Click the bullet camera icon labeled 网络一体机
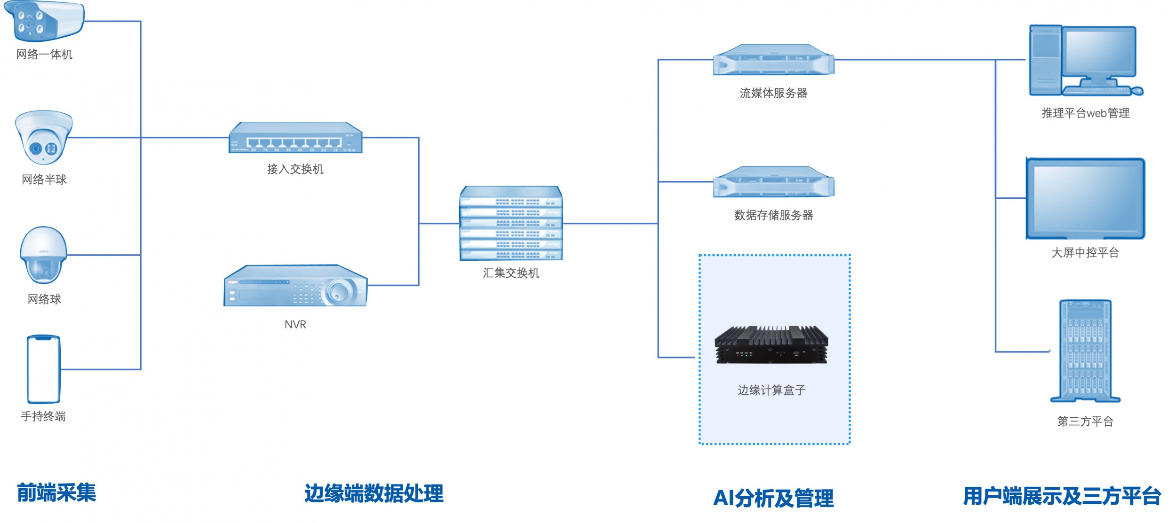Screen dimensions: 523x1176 [x=43, y=21]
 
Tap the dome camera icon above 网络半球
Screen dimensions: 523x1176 [x=44, y=137]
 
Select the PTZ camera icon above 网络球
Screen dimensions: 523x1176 [x=43, y=255]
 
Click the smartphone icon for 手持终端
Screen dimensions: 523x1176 [x=44, y=369]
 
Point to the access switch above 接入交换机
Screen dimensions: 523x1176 [x=295, y=138]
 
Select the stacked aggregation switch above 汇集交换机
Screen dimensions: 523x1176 [x=511, y=224]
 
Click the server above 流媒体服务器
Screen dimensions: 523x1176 [x=773, y=60]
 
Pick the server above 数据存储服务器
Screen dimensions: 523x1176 [x=773, y=182]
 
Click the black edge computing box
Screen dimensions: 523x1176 [x=771, y=345]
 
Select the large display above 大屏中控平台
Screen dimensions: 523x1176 [x=1085, y=198]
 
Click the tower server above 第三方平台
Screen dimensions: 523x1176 [x=1085, y=351]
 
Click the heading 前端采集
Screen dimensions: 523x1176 [x=56, y=492]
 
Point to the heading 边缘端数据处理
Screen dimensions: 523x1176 [x=373, y=493]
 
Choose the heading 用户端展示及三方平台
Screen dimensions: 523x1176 [x=1062, y=496]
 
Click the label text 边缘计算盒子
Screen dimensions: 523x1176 [x=771, y=390]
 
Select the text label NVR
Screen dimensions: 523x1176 [x=295, y=324]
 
